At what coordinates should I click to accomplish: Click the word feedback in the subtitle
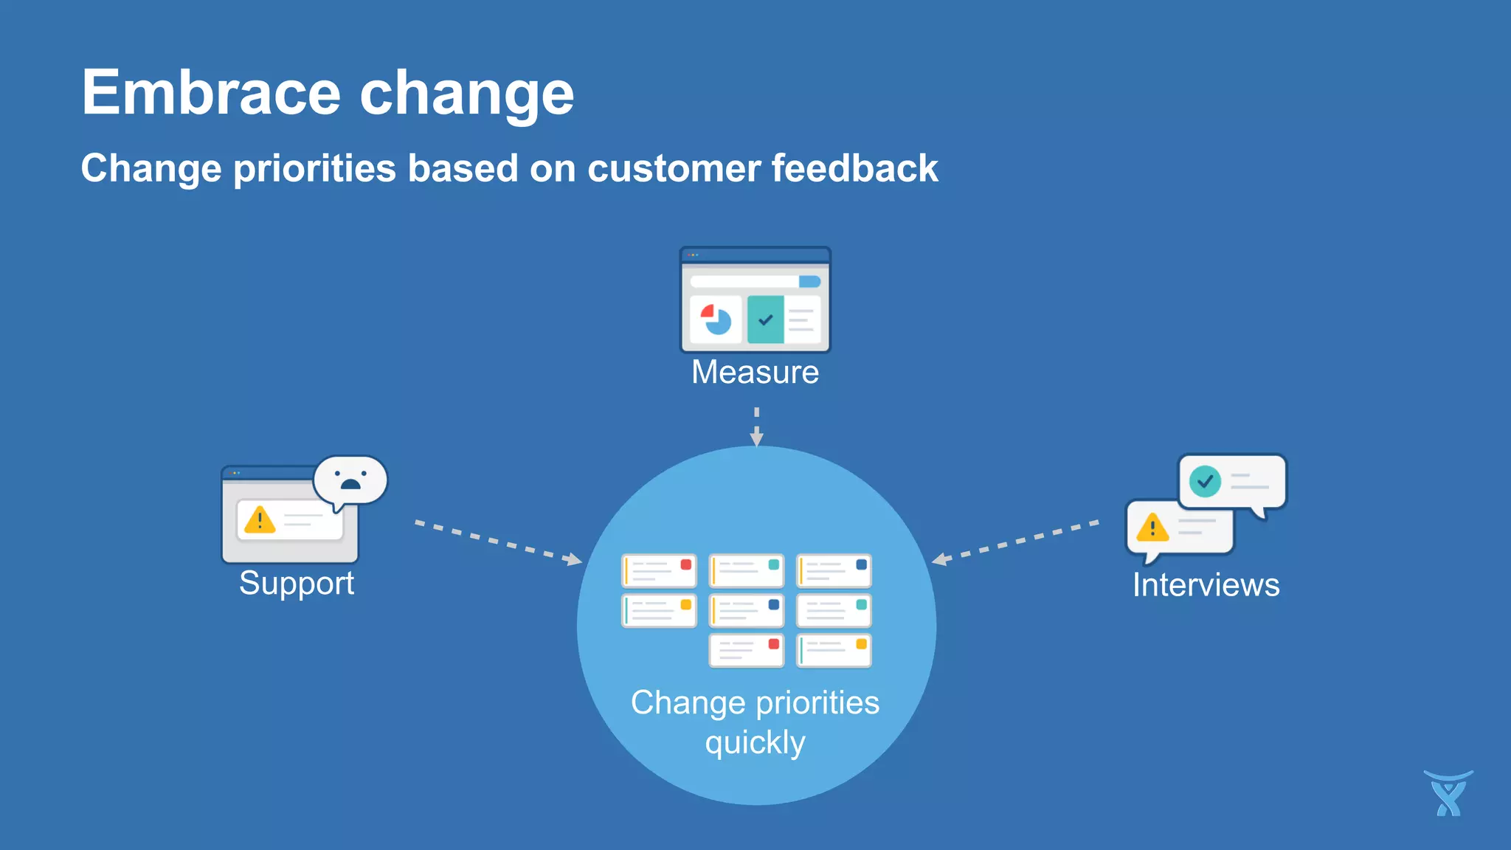[854, 168]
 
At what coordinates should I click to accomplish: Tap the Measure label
[755, 372]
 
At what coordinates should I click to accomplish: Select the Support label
[297, 584]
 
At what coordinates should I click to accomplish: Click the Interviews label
[1206, 585]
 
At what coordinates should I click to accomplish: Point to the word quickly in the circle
[755, 742]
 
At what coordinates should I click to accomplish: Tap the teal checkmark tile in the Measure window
[765, 319]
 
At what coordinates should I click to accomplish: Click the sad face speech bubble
[350, 480]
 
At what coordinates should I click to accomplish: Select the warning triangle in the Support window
[260, 520]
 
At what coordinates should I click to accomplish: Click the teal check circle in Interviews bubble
[1205, 482]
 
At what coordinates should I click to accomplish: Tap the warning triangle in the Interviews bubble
[1152, 528]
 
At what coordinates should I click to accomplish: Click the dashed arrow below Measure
[756, 426]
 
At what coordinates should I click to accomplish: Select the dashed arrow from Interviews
[1016, 542]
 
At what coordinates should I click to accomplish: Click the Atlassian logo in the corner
[1448, 794]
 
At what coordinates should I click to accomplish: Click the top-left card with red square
[659, 571]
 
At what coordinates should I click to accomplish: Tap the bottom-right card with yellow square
[834, 651]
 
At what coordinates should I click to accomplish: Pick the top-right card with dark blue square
[834, 571]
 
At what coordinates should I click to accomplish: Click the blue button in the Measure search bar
[809, 282]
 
